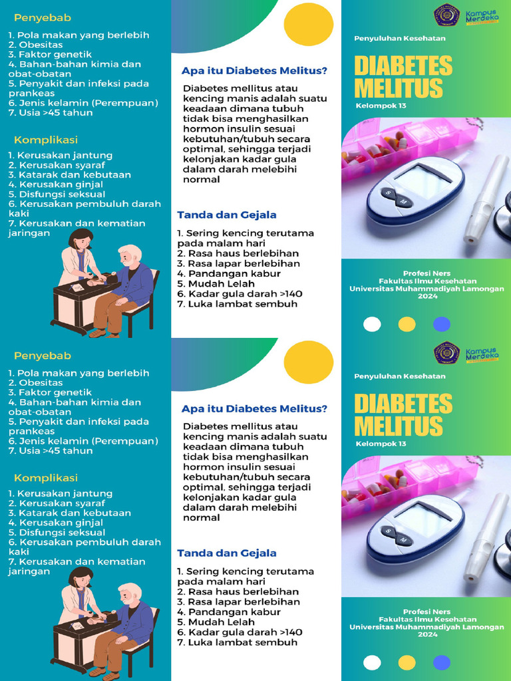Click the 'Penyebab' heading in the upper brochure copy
(43, 17)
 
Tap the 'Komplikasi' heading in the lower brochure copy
(46, 477)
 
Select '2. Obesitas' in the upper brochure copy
(36, 45)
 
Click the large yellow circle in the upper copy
(308, 24)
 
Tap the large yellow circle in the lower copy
(308, 362)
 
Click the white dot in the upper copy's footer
(372, 324)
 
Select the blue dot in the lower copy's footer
(442, 662)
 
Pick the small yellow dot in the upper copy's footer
(407, 324)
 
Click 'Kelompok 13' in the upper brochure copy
(381, 105)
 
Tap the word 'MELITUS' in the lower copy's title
(399, 426)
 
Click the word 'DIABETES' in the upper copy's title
(403, 66)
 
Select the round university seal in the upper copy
(446, 15)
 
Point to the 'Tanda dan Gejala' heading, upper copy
(227, 215)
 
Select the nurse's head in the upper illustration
(81, 238)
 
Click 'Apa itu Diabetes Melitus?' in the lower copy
(254, 409)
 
